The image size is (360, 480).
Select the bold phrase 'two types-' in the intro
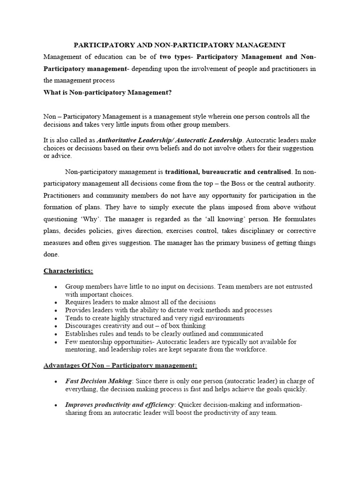[x=176, y=57]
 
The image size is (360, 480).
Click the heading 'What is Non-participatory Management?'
[x=108, y=92]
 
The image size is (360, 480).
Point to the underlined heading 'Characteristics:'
[x=68, y=270]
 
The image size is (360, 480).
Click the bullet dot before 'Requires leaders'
[x=56, y=302]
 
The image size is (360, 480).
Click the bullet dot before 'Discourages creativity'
[x=56, y=326]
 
